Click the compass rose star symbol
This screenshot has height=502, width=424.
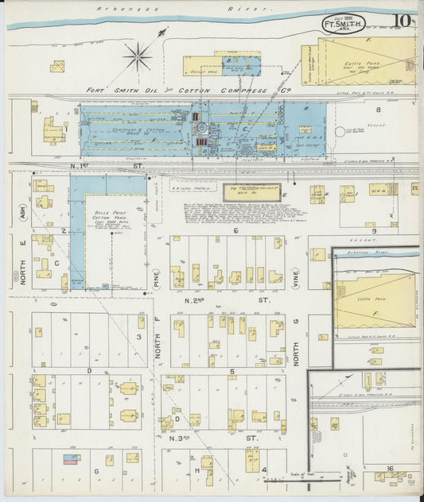(x=138, y=56)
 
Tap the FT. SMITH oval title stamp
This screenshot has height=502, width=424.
(x=344, y=24)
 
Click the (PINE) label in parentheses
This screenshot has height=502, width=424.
(x=157, y=278)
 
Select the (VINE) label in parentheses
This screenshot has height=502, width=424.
(x=295, y=278)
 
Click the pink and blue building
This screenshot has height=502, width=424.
(x=70, y=459)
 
